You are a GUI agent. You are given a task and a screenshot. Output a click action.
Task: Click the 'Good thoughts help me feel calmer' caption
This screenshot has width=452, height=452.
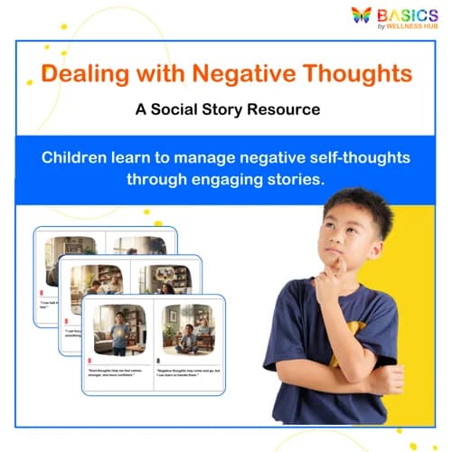118,372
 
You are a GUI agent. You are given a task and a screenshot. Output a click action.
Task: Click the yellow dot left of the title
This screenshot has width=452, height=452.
29,82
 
